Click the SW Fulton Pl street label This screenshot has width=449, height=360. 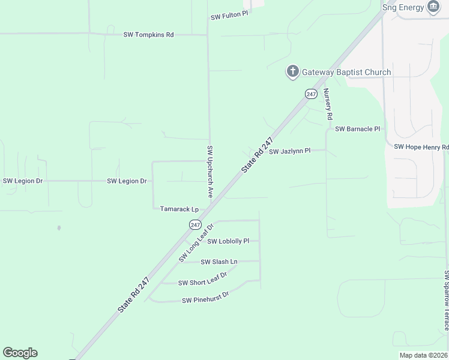229,17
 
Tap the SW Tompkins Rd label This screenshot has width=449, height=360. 148,35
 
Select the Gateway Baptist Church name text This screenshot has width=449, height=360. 346,72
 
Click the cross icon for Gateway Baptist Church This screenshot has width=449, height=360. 292,72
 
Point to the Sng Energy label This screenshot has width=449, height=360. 403,7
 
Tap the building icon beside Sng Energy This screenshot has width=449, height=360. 433,7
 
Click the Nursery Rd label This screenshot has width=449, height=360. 328,105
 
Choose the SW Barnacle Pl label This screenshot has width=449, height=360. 358,129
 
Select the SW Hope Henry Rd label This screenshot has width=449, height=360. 421,147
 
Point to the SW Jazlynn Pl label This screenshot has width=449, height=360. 289,151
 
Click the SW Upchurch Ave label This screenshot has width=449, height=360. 210,172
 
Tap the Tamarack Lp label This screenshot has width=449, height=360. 179,209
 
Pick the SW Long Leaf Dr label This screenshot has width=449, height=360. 196,242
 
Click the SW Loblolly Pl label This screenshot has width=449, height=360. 228,241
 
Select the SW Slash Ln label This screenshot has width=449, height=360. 219,262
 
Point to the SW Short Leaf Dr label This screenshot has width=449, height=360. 202,279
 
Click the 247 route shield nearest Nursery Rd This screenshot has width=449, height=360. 310,94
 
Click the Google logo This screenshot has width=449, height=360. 20,353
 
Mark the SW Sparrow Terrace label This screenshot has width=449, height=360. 446,300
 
